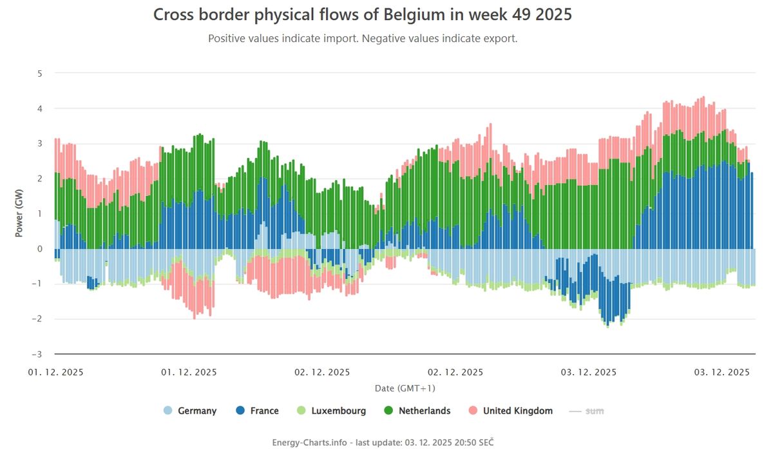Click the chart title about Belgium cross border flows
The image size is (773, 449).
(363, 15)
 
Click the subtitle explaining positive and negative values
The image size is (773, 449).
(363, 39)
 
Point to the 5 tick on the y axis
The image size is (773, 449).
(39, 73)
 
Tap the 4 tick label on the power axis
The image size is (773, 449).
(39, 108)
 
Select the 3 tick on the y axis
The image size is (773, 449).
(39, 143)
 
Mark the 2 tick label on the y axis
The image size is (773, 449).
(39, 179)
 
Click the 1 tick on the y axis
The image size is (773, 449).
(39, 214)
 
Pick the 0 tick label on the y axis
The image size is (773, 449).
(39, 249)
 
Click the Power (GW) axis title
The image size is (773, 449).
(19, 214)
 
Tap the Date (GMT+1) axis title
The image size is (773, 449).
(405, 388)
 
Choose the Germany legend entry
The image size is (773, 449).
(190, 411)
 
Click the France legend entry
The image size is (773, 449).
(258, 411)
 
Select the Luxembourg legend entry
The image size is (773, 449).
(331, 411)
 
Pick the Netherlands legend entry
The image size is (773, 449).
(417, 411)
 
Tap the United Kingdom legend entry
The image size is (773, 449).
(510, 411)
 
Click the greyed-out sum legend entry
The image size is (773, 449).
(587, 411)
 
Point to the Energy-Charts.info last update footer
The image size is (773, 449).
(383, 442)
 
